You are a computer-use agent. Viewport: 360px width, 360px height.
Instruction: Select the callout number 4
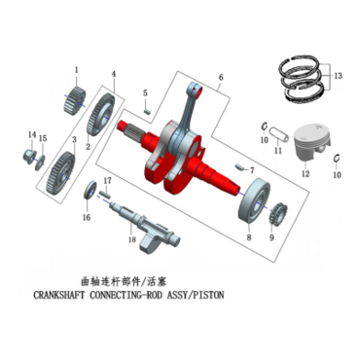coord(114,74)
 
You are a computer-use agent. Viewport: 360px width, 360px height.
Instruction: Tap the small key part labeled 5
coord(147,111)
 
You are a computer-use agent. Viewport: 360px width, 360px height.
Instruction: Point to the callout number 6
coord(221,77)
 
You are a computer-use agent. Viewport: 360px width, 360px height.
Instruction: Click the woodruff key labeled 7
coord(239,167)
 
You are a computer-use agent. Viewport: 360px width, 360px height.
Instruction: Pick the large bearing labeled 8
coord(254,201)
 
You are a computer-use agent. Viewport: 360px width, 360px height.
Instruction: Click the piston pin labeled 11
coord(279,134)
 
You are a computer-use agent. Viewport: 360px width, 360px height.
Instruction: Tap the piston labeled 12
coord(311,142)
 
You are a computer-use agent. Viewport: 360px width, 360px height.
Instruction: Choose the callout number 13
coord(339,76)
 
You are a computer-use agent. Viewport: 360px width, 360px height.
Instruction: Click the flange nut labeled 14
coord(29,157)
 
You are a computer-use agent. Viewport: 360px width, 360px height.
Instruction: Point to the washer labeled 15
coord(41,161)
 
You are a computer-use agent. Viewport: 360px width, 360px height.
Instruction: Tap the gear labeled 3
coord(61,173)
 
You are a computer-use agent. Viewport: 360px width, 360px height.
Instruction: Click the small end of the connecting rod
coord(195,88)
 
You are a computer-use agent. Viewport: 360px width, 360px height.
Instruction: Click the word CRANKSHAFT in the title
coord(58,296)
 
